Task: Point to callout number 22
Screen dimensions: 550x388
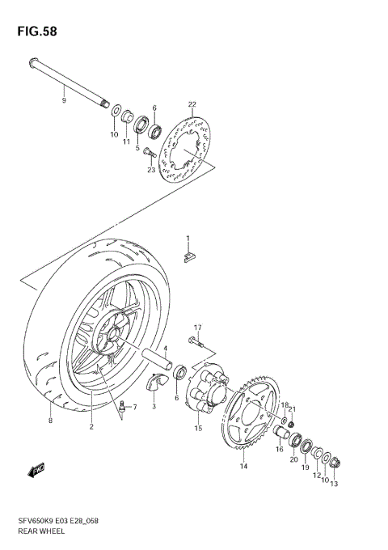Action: point(192,104)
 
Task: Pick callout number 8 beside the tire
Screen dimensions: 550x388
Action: point(49,421)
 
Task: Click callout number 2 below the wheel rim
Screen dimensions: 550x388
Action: point(92,426)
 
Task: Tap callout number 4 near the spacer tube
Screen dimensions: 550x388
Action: point(165,350)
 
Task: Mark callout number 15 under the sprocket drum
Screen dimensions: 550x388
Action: point(198,428)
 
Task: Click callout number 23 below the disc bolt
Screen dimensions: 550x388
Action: point(150,170)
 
